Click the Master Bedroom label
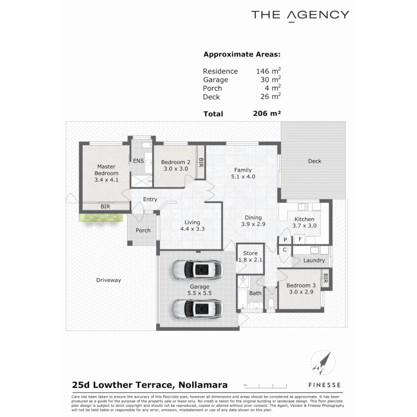pos(106,173)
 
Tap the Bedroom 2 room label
pos(176,165)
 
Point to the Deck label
pos(314,161)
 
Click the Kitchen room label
pos(304,222)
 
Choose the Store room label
pos(250,256)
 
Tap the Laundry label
pos(314,260)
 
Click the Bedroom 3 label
pos(301,288)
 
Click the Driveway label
pos(108,280)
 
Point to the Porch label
pos(143,231)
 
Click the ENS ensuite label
pos(138,161)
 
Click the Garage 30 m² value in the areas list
pos(270,80)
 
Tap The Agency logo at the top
pos(300,15)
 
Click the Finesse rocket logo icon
pos(322,363)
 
